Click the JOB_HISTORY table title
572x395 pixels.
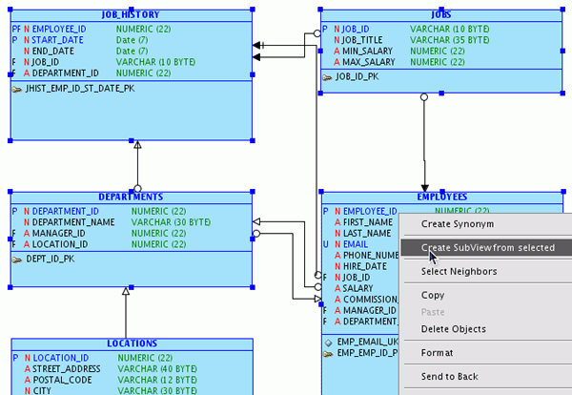pyautogui.click(x=131, y=15)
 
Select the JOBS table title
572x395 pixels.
pyautogui.click(x=440, y=15)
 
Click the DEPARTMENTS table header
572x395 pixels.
pyautogui.click(x=131, y=197)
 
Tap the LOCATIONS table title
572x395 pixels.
pyautogui.click(x=132, y=343)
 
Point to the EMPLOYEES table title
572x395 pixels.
pyautogui.click(x=441, y=197)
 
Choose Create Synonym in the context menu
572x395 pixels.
pyautogui.click(x=458, y=224)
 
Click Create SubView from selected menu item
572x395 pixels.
pyautogui.click(x=487, y=248)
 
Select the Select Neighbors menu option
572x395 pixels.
pyautogui.click(x=459, y=272)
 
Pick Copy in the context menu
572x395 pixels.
pyautogui.click(x=433, y=296)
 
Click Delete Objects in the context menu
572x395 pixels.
pyautogui.click(x=454, y=330)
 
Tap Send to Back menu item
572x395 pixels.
pyautogui.click(x=449, y=377)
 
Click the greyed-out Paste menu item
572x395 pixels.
pyautogui.click(x=433, y=312)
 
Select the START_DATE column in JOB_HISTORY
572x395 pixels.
pyautogui.click(x=59, y=41)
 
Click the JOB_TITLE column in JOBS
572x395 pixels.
pyautogui.click(x=363, y=41)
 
